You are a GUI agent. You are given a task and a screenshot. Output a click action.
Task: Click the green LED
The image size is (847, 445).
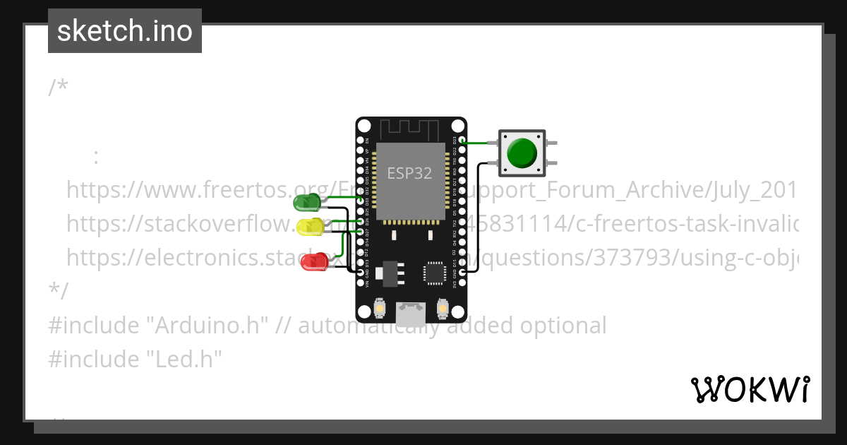pos(306,203)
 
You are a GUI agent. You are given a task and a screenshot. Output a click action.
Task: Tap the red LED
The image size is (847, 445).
pos(312,261)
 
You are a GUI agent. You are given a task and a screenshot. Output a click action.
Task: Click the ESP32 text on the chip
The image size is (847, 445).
pos(409,173)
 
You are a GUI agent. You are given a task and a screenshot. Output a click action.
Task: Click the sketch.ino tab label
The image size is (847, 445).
pos(125,31)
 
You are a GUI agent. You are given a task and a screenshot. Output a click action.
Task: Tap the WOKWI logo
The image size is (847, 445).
pos(750,389)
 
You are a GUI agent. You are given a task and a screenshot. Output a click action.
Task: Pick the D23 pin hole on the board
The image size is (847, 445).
pos(462,141)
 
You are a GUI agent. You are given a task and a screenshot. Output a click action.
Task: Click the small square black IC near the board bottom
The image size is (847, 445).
pos(434,273)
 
